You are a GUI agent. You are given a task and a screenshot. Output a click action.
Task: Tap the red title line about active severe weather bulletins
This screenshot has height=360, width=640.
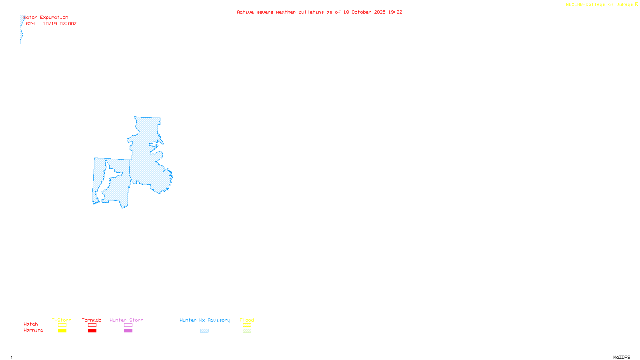tap(319, 12)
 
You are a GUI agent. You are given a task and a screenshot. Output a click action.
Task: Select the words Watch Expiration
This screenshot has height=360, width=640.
tap(46, 18)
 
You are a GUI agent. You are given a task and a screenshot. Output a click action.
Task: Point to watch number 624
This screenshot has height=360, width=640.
tap(30, 24)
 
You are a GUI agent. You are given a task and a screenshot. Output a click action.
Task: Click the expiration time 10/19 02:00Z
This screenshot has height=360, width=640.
tap(60, 24)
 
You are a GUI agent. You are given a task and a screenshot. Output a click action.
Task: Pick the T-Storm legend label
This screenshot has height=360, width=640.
tap(62, 320)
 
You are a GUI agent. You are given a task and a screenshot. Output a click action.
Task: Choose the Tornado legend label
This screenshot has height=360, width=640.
tap(92, 320)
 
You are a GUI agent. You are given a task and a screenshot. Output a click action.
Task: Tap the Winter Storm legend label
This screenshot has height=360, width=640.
tap(126, 320)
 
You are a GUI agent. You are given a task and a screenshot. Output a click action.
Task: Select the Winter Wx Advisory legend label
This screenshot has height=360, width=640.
tap(205, 320)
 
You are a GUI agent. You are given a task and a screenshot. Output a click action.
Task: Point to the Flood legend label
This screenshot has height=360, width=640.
tap(247, 320)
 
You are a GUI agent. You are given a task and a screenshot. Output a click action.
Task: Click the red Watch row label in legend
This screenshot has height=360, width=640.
tap(31, 324)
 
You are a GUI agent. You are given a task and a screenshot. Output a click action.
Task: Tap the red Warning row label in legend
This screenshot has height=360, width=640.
tap(34, 330)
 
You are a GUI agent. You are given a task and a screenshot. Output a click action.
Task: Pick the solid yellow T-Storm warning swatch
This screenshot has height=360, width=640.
tap(62, 331)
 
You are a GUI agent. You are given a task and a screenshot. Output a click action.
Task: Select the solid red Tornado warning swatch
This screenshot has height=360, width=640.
tap(92, 331)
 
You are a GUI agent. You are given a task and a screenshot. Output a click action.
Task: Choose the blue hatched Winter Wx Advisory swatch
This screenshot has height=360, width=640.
tap(204, 331)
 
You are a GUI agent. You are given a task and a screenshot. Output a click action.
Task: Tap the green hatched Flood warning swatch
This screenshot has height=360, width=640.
tap(247, 331)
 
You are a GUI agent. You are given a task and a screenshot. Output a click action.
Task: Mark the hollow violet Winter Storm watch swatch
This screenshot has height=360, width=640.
tap(128, 325)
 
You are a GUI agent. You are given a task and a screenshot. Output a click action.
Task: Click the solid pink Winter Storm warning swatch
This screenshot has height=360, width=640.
tap(128, 331)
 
